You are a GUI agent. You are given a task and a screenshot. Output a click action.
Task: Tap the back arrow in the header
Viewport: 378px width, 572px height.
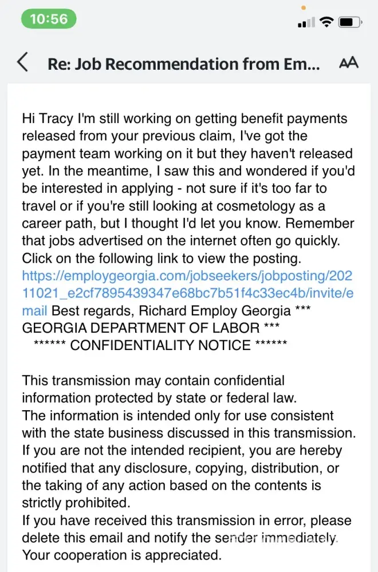[22, 62]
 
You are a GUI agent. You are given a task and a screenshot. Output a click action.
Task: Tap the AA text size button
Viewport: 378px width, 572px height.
[349, 62]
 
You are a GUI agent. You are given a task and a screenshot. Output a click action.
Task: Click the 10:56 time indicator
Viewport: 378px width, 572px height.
[49, 19]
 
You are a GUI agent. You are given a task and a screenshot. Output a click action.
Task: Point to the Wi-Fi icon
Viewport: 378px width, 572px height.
[327, 22]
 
